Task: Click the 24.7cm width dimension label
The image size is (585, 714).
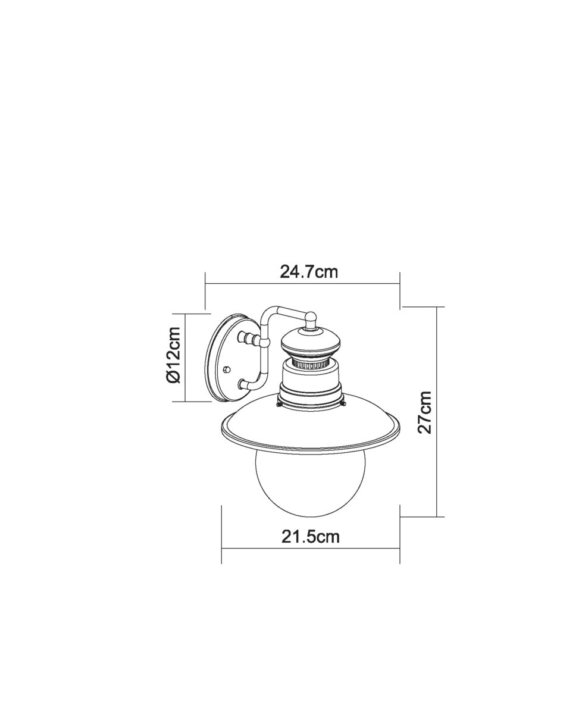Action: point(309,271)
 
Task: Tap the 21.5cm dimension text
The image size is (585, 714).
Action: point(310,536)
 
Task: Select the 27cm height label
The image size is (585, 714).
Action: point(424,412)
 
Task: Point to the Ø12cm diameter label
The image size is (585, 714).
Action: point(173,355)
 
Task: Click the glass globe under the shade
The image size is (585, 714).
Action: point(311,485)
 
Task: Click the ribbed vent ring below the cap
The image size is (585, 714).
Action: point(311,365)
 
